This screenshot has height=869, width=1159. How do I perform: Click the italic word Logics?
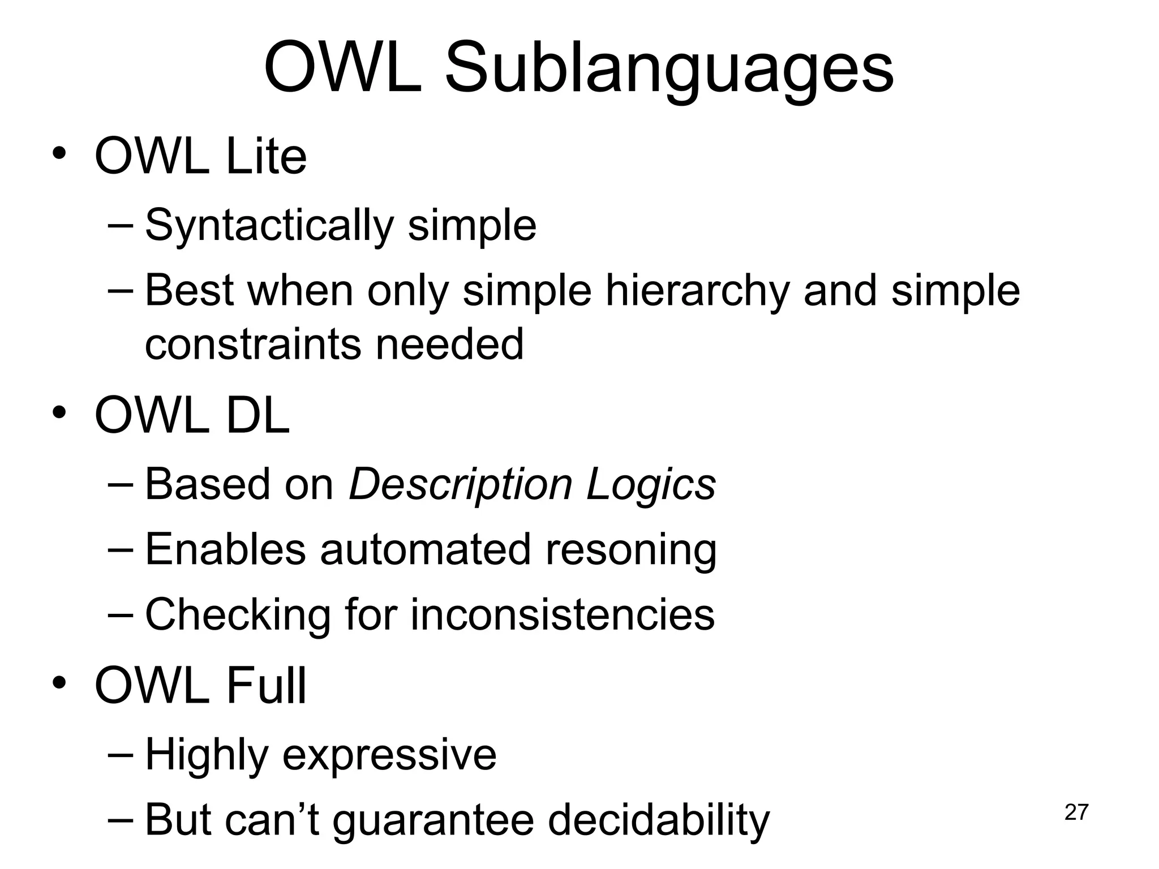[651, 485]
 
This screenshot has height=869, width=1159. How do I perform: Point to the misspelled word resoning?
[630, 550]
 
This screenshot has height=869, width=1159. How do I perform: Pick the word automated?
[425, 550]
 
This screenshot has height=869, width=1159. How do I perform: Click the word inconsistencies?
[562, 615]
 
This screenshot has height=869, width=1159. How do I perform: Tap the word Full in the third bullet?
[266, 686]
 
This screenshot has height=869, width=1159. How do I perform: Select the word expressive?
[389, 755]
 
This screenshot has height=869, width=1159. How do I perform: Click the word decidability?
[659, 820]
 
